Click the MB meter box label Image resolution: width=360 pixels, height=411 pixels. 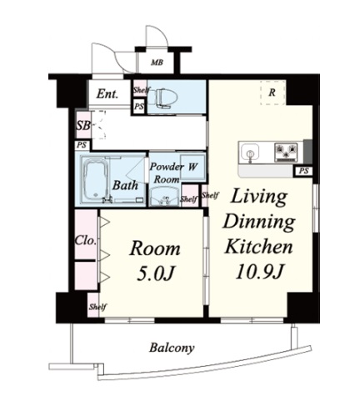tap(157, 63)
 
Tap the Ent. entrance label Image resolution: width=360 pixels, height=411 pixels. tap(107, 94)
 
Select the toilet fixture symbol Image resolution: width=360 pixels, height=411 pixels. tap(162, 98)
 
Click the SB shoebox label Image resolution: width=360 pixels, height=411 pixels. tap(83, 126)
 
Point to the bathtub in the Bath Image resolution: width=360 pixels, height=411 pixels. tap(94, 181)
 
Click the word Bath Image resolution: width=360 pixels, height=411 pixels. tap(125, 185)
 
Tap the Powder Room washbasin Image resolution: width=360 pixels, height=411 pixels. tap(164, 197)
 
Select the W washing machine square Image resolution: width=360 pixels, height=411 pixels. tap(192, 167)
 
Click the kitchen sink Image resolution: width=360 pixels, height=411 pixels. tap(250, 153)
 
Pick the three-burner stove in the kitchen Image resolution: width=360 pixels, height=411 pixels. tap(286, 152)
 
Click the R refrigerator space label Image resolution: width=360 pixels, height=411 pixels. tap(272, 93)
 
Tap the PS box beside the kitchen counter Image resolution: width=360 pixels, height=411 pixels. tap(303, 171)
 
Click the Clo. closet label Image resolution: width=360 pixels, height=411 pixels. tap(86, 241)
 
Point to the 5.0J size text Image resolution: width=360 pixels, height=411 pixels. tap(156, 273)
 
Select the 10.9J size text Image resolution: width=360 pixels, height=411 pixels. tap(258, 271)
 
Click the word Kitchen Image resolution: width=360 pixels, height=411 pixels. tap(258, 247)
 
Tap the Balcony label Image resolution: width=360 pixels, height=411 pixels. tap(172, 348)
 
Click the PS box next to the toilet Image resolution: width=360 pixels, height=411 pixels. tap(139, 107)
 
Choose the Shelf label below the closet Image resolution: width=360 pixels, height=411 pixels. tap(97, 307)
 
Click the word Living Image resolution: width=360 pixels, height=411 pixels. tap(258, 197)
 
